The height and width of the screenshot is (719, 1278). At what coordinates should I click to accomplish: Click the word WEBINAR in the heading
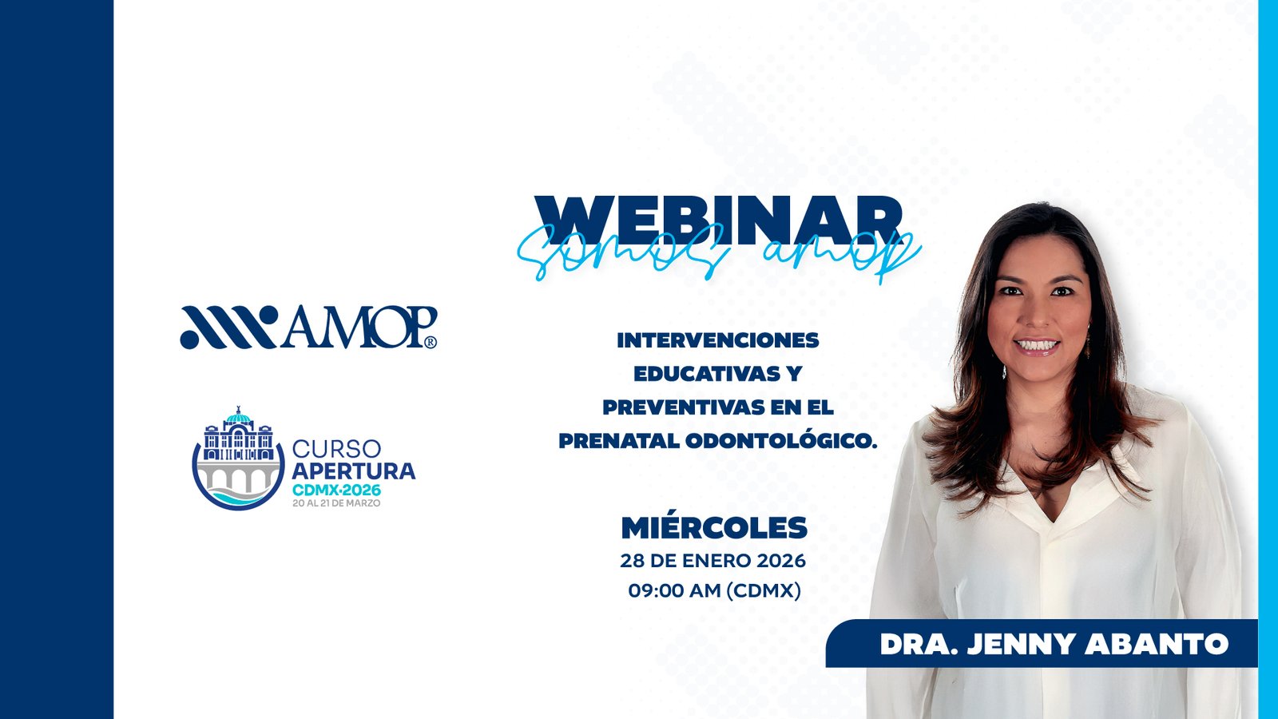[x=718, y=220]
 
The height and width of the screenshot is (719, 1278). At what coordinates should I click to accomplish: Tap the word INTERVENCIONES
[x=718, y=340]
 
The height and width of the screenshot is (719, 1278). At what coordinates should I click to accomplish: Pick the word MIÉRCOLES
[x=714, y=528]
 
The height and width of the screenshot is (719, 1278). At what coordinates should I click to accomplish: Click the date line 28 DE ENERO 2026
[x=713, y=561]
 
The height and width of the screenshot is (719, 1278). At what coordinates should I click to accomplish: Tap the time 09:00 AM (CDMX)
[x=714, y=590]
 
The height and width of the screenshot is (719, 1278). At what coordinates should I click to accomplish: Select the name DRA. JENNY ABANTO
[x=1054, y=644]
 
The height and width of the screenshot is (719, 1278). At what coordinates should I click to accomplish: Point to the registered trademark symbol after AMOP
[x=431, y=343]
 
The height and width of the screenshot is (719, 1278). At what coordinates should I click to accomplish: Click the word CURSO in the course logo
[x=336, y=449]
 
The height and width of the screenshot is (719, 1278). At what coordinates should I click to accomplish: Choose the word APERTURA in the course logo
[x=354, y=471]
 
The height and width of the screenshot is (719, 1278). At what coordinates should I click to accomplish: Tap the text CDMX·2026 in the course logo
[x=336, y=490]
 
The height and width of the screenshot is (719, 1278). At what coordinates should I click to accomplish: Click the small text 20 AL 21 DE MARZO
[x=336, y=503]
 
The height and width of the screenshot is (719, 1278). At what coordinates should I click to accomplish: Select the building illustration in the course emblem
[x=238, y=436]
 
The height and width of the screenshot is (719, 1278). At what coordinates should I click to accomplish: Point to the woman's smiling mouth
[x=1037, y=346]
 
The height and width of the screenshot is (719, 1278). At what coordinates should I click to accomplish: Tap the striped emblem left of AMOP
[x=228, y=327]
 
